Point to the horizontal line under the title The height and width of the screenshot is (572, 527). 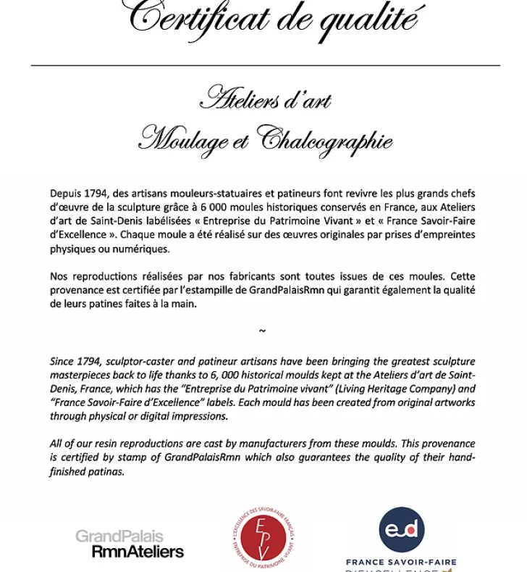(x=265, y=65)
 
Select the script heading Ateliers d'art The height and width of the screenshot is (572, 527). (x=265, y=98)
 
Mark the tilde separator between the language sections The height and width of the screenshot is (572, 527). (x=262, y=331)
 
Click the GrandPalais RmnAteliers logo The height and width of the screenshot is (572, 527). (x=130, y=544)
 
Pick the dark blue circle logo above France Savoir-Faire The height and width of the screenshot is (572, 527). (x=402, y=529)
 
